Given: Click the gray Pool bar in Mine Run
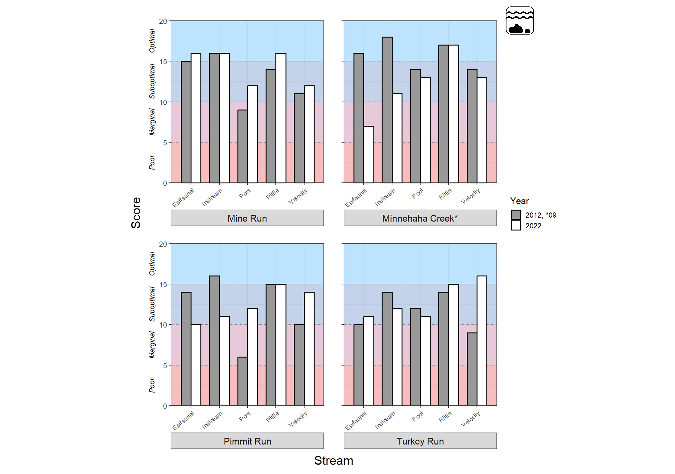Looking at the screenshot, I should click(x=243, y=146).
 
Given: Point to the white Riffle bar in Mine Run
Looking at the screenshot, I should click(x=281, y=118).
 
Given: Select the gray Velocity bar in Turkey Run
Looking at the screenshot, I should click(x=472, y=369).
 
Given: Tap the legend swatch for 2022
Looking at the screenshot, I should click(x=516, y=225).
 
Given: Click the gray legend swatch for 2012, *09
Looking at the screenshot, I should click(x=516, y=215).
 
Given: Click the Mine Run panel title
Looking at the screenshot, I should click(x=247, y=218).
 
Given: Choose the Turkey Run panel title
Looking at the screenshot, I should click(x=420, y=441).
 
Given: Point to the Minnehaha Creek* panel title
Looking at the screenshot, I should click(x=420, y=218).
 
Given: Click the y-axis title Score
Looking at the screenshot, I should click(x=136, y=213).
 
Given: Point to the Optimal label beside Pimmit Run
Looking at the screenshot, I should click(x=152, y=263).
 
